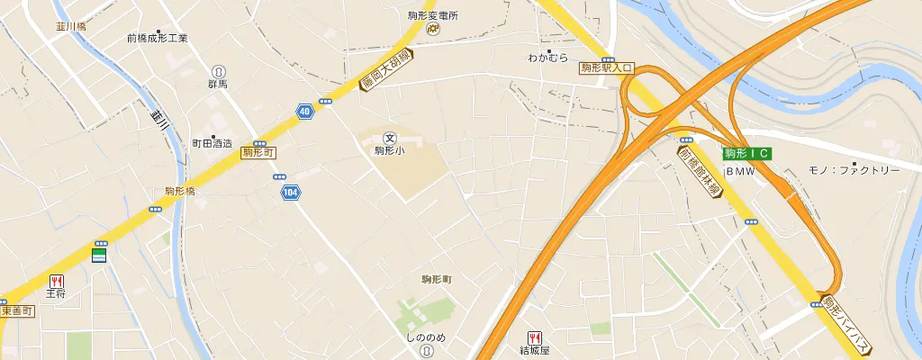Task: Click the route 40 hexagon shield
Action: (304, 111)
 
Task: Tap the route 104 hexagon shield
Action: (290, 193)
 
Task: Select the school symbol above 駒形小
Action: (390, 138)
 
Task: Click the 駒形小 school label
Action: (390, 151)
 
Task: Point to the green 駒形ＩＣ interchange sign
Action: (747, 154)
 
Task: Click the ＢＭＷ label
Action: (740, 171)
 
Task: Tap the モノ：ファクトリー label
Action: (853, 170)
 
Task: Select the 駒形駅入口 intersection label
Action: (608, 67)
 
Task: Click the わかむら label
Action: (548, 58)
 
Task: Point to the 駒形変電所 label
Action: (433, 15)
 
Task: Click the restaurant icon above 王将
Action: (57, 281)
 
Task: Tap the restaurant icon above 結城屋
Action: (534, 337)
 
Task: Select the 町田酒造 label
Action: (212, 143)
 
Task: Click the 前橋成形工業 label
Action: (158, 39)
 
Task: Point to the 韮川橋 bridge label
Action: (69, 27)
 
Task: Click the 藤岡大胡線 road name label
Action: (385, 68)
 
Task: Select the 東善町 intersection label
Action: (16, 311)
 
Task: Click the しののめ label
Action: (425, 337)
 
